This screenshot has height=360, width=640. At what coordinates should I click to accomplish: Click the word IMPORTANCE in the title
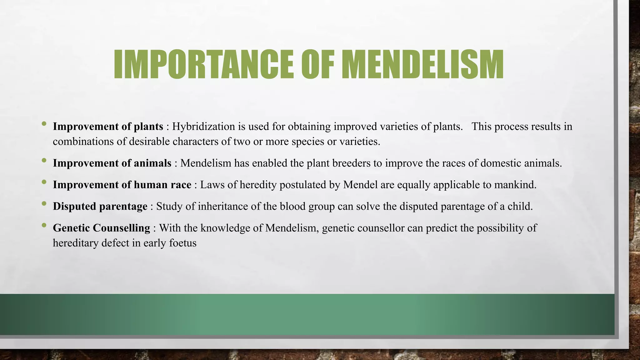pos(203,65)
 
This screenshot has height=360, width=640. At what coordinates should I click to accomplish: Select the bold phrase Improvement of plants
pos(108,127)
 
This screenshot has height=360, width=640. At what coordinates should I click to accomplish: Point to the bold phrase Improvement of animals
pos(112,163)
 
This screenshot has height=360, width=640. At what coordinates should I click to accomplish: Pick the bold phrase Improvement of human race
pos(122,185)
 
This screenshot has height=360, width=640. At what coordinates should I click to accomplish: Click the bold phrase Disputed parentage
pos(100,206)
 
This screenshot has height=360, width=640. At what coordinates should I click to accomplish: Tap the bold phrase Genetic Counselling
pos(101,228)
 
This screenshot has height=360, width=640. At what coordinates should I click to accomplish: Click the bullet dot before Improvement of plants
pos(44,124)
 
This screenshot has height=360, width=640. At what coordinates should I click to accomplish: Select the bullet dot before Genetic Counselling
pos(44,225)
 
